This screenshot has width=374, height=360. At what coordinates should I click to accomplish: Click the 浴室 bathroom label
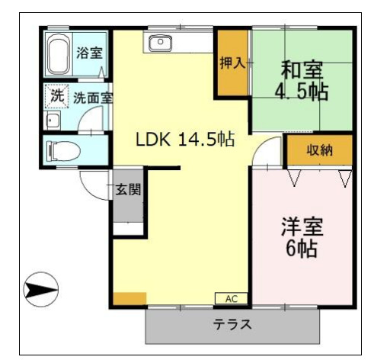pos(89,53)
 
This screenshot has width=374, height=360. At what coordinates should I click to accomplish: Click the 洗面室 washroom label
pos(93,98)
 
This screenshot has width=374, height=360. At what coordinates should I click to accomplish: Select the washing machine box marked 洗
pos(57,96)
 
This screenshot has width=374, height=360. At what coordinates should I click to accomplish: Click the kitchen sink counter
pos(160,42)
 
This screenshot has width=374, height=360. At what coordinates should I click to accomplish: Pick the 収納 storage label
pos(319,150)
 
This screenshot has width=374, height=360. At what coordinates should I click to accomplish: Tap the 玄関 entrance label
pos(127,190)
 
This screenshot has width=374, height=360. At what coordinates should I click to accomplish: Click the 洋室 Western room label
pos(302,227)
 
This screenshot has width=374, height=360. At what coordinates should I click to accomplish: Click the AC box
pos(232,297)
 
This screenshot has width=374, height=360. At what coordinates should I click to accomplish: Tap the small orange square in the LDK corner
pos(129,297)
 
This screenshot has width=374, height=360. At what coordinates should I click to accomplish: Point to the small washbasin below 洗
pos(53,121)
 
